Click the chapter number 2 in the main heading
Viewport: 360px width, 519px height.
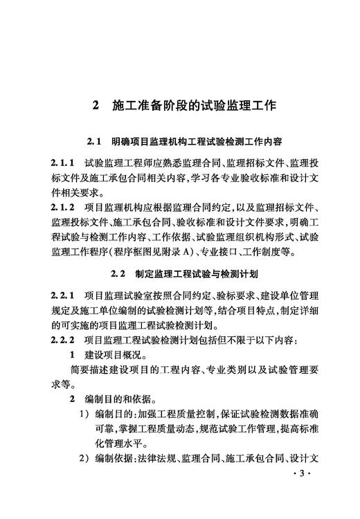point(96,106)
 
